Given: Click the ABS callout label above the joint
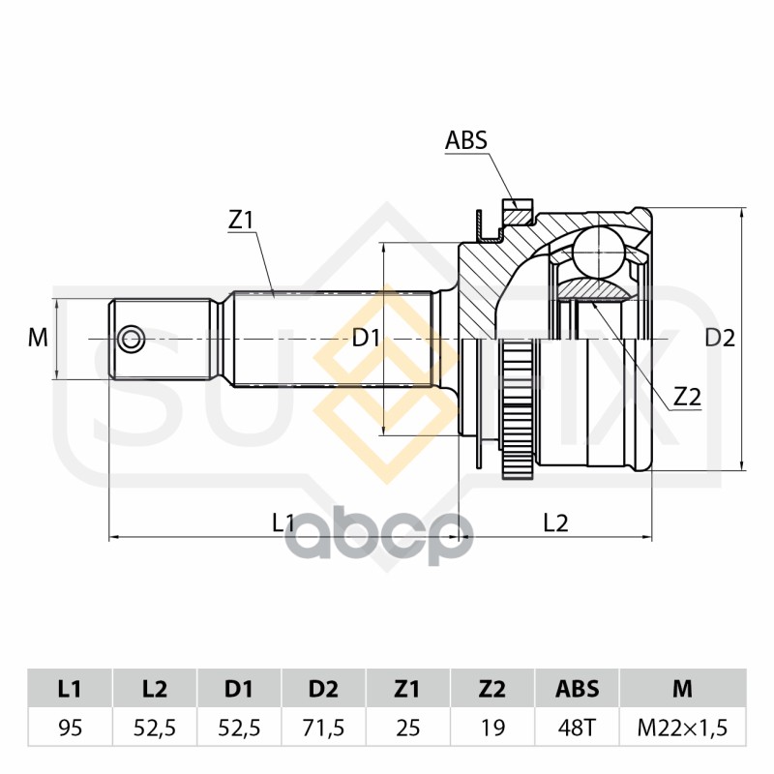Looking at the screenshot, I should coord(465,140).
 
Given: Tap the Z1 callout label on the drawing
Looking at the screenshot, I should coord(240,221).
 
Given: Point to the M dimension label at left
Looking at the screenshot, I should coord(37,338).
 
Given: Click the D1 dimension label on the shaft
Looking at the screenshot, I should coord(366,338).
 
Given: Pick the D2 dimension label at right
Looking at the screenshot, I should coord(720,338).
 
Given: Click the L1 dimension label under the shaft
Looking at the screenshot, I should coord(283,522).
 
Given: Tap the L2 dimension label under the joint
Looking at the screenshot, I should coord(555,522).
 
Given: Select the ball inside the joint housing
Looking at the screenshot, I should coord(597,252).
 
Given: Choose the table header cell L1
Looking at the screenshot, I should coord(70,689).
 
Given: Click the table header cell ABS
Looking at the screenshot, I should coord(577,689).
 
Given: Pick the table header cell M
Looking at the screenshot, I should coord(683,689).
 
